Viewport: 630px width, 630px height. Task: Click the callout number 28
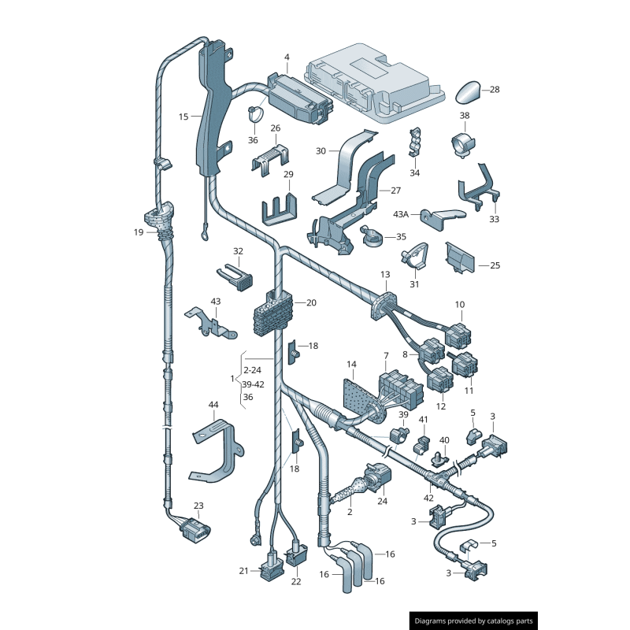coord(495,90)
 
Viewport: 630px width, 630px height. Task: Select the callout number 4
coord(287,57)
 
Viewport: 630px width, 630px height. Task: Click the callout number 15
coord(183,117)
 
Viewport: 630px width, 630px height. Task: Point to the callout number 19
coord(139,232)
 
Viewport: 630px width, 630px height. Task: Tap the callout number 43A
coord(402,214)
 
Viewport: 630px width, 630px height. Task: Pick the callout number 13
coord(385,275)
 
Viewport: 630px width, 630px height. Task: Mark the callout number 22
coord(295,582)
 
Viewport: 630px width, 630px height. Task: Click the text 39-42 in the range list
coord(254,384)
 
